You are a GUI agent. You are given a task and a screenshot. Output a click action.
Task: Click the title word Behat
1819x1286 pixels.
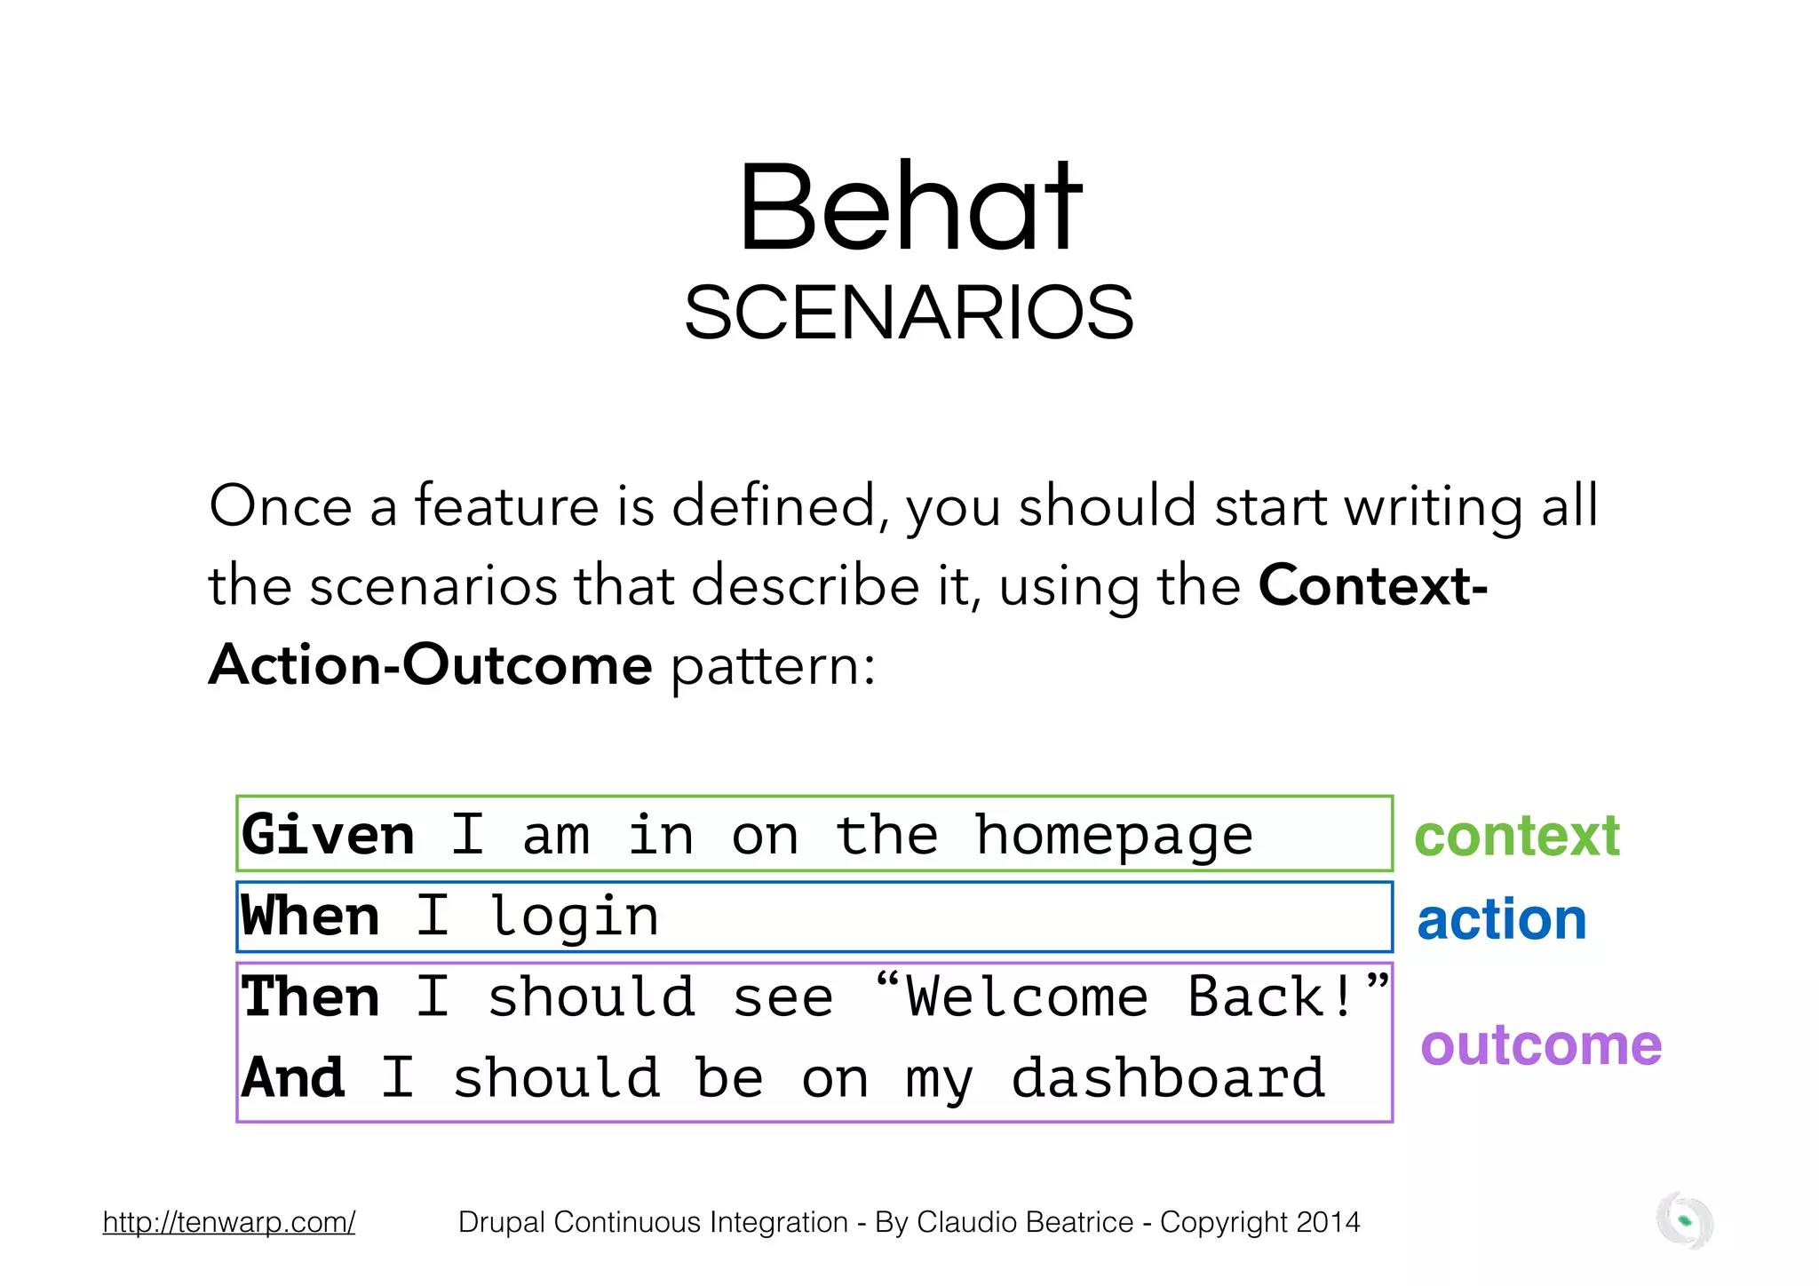[x=909, y=208]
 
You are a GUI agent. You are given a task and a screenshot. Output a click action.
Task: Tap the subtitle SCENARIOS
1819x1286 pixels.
[x=909, y=313]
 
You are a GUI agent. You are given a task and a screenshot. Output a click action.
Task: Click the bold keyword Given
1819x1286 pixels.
[x=328, y=835]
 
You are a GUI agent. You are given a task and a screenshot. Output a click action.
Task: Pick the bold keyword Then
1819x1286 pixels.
[x=310, y=996]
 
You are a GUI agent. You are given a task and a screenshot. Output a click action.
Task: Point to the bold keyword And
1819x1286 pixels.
[x=293, y=1077]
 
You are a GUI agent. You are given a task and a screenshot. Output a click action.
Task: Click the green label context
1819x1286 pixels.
[x=1517, y=836]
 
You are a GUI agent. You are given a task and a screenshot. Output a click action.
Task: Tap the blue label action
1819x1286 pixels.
[x=1501, y=919]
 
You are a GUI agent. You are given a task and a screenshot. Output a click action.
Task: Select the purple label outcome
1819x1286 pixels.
[x=1541, y=1044]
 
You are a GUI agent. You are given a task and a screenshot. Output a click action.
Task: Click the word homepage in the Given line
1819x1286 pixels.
[x=1114, y=837]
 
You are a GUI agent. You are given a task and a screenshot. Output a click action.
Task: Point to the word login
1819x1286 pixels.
[x=574, y=917]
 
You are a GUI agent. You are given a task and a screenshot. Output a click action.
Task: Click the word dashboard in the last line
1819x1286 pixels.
[x=1168, y=1078]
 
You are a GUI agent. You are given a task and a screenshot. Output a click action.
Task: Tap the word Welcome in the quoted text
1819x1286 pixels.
[x=1027, y=996]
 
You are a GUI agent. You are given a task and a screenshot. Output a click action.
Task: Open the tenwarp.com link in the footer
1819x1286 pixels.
[x=229, y=1222]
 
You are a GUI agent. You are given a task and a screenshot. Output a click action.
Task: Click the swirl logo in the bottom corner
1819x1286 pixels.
[x=1684, y=1221]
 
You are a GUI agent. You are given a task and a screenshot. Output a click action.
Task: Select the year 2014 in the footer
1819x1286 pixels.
[x=1328, y=1222]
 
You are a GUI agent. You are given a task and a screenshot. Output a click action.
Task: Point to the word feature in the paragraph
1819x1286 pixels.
[x=506, y=506]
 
